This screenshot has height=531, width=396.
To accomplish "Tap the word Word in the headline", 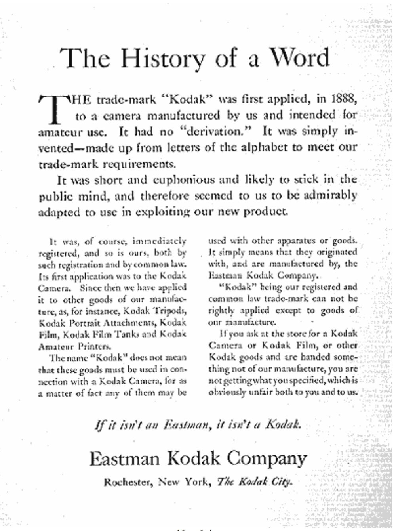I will point(300,58).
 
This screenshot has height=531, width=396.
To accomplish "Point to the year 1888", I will point(344,98).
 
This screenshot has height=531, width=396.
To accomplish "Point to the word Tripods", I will point(169,311).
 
